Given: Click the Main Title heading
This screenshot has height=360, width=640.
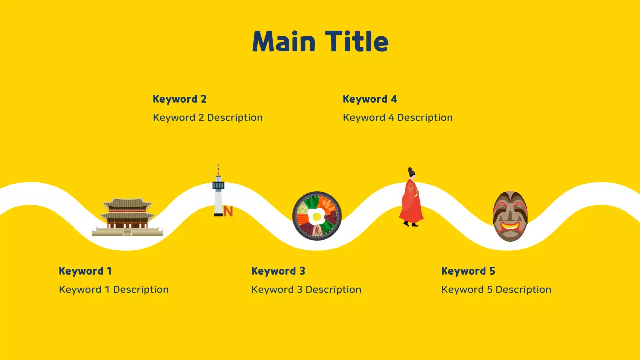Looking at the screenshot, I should tap(320, 41).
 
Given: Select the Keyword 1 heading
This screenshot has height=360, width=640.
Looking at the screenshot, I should tap(85, 271).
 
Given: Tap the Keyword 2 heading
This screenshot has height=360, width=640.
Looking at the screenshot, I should tap(179, 99).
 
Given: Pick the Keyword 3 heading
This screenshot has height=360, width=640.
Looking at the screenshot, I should tap(278, 271).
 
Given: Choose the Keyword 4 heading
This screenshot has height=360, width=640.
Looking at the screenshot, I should tap(370, 99).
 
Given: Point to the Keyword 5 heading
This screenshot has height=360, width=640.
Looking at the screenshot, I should tap(468, 271).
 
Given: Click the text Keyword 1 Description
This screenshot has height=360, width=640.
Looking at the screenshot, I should tap(114, 290).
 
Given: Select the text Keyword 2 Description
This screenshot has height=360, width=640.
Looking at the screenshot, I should tap(208, 118).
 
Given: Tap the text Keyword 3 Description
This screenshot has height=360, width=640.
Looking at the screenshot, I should tap(306, 290).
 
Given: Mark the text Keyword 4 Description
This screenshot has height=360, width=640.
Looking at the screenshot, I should tap(398, 118).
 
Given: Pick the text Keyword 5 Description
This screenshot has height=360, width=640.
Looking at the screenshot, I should tap(496, 290).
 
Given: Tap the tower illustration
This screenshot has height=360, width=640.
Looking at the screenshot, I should tap(218, 192).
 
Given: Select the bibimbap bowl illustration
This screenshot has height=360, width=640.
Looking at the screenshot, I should tap(317, 216).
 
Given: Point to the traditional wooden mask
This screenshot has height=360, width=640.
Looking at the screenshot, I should tap(510, 216).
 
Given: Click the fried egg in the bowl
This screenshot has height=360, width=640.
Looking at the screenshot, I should tap(316, 217).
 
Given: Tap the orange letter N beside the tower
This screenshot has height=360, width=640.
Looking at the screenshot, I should tap(228, 211).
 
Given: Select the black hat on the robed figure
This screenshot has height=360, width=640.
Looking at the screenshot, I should tap(411, 172).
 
